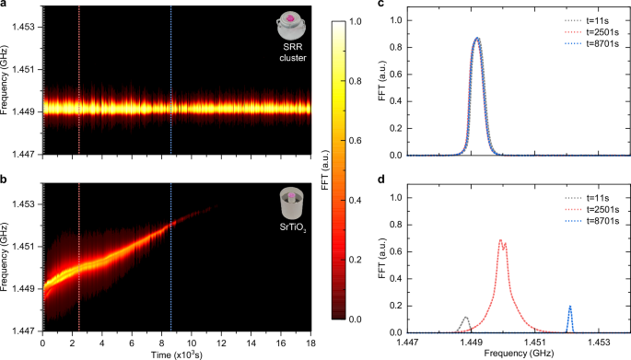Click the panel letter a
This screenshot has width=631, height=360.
pyautogui.click(x=5, y=5)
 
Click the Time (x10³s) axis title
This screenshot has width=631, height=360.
pyautogui.click(x=176, y=354)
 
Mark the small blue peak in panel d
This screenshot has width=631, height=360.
pyautogui.click(x=570, y=308)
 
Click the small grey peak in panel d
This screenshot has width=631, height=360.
pyautogui.click(x=465, y=319)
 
